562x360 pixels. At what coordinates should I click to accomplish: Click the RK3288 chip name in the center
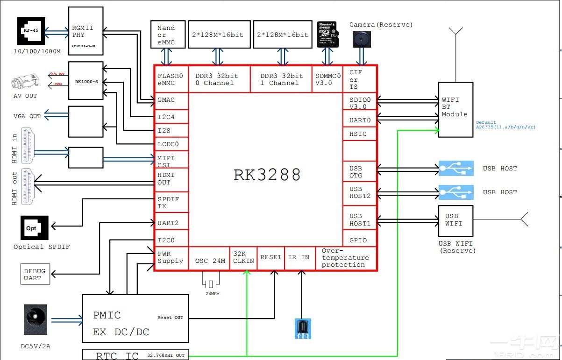coord(267,175)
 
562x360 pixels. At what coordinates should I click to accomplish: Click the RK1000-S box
coord(86,80)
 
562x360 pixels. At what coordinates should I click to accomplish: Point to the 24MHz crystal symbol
coord(211,284)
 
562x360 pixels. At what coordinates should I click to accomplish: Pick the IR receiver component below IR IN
coord(303,328)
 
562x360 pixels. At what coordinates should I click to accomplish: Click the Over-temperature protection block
coord(345,258)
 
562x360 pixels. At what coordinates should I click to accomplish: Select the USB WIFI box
coord(455,220)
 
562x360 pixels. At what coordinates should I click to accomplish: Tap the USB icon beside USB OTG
coord(456,169)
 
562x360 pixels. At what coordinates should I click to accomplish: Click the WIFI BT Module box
coord(455,109)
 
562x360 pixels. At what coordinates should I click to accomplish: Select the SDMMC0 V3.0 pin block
coord(327,79)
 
